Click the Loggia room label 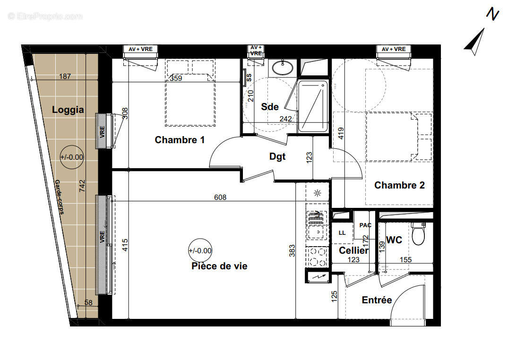[x=68, y=110]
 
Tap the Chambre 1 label [x=180, y=140]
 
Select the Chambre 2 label [x=399, y=185]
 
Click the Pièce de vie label [x=219, y=266]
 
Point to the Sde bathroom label [x=269, y=107]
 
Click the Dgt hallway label [x=277, y=156]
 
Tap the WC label [x=394, y=240]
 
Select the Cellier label [x=353, y=251]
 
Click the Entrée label [x=377, y=300]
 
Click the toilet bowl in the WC [x=418, y=234]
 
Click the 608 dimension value [x=220, y=197]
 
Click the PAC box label [x=365, y=225]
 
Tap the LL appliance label [x=342, y=233]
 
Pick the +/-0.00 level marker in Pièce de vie [x=200, y=251]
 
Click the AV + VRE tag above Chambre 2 [x=393, y=49]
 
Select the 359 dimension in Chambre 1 [x=176, y=78]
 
